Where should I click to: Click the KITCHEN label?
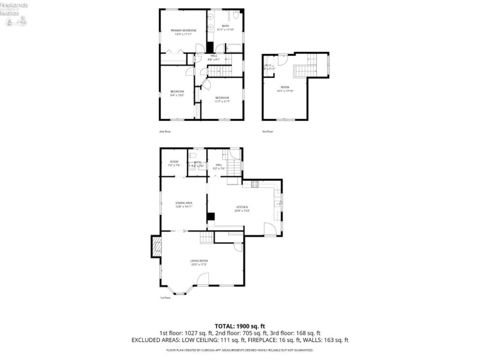[241, 206]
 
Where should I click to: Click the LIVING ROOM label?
[199, 260]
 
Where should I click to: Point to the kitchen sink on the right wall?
[277, 204]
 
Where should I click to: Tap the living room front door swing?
[203, 278]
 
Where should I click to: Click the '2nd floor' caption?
[165, 131]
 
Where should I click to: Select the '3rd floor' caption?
[267, 131]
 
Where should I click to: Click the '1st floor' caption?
[165, 298]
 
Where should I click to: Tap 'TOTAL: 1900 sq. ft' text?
[240, 326]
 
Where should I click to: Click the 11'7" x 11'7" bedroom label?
[222, 98]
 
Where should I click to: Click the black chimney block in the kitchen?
[210, 217]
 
